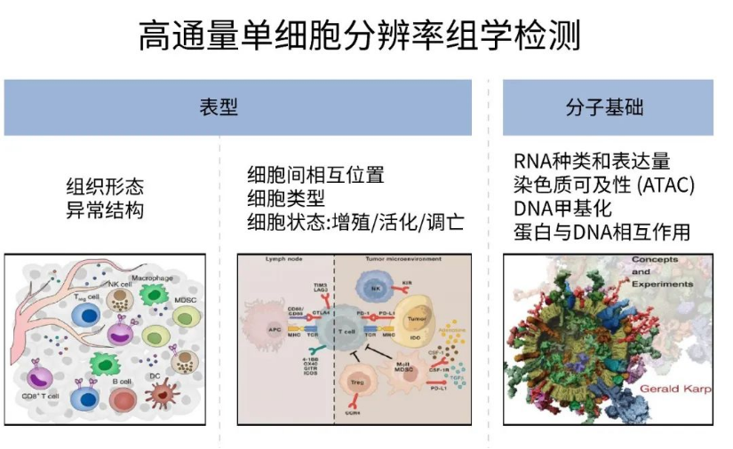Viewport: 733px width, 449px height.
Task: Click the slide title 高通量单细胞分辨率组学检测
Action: point(366,36)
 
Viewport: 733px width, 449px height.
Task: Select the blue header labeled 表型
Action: point(237,107)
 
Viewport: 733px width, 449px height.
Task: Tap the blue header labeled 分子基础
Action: point(608,107)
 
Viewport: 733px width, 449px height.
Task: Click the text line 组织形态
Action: point(105,187)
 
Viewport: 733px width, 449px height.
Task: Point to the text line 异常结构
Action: point(105,210)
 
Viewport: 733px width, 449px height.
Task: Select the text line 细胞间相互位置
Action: point(315,175)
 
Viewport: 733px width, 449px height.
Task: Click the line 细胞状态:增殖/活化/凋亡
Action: point(355,221)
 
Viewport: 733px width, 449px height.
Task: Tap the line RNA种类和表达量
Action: point(592,162)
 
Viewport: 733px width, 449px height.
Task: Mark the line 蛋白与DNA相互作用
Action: point(602,232)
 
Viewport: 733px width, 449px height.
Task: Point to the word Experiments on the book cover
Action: point(662,284)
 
